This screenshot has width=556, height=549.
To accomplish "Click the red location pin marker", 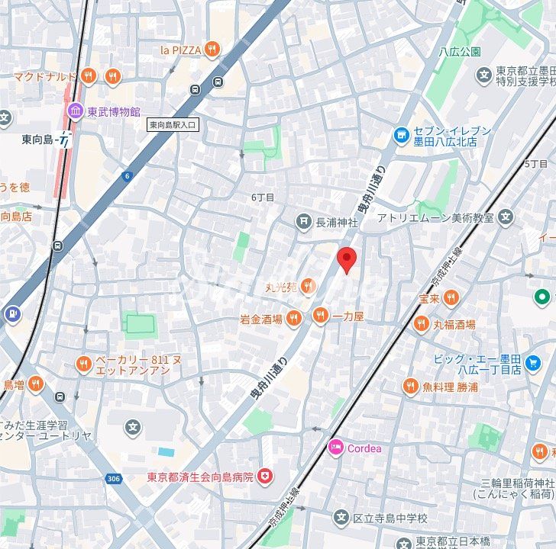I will pyautogui.click(x=347, y=259).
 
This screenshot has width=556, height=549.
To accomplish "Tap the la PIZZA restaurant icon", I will pyautogui.click(x=212, y=50).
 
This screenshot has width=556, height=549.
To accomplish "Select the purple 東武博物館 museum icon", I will pyautogui.click(x=75, y=112).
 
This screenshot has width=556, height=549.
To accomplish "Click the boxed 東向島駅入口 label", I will pyautogui.click(x=173, y=124).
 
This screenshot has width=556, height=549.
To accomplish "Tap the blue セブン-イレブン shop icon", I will pyautogui.click(x=402, y=136).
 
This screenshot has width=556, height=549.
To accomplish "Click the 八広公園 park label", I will pyautogui.click(x=460, y=52).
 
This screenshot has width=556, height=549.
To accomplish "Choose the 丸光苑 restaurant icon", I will pyautogui.click(x=308, y=287).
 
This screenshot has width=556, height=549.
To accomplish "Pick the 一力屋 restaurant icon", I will pyautogui.click(x=320, y=315).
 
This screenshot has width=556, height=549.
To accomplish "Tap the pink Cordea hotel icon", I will pyautogui.click(x=335, y=448).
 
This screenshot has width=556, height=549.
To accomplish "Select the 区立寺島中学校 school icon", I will pyautogui.click(x=341, y=518).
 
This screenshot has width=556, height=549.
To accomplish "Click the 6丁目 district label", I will pyautogui.click(x=263, y=197).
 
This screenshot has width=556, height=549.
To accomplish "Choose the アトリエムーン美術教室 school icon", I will pyautogui.click(x=506, y=218).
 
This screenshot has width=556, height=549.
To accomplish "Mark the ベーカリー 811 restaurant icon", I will pyautogui.click(x=84, y=364).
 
